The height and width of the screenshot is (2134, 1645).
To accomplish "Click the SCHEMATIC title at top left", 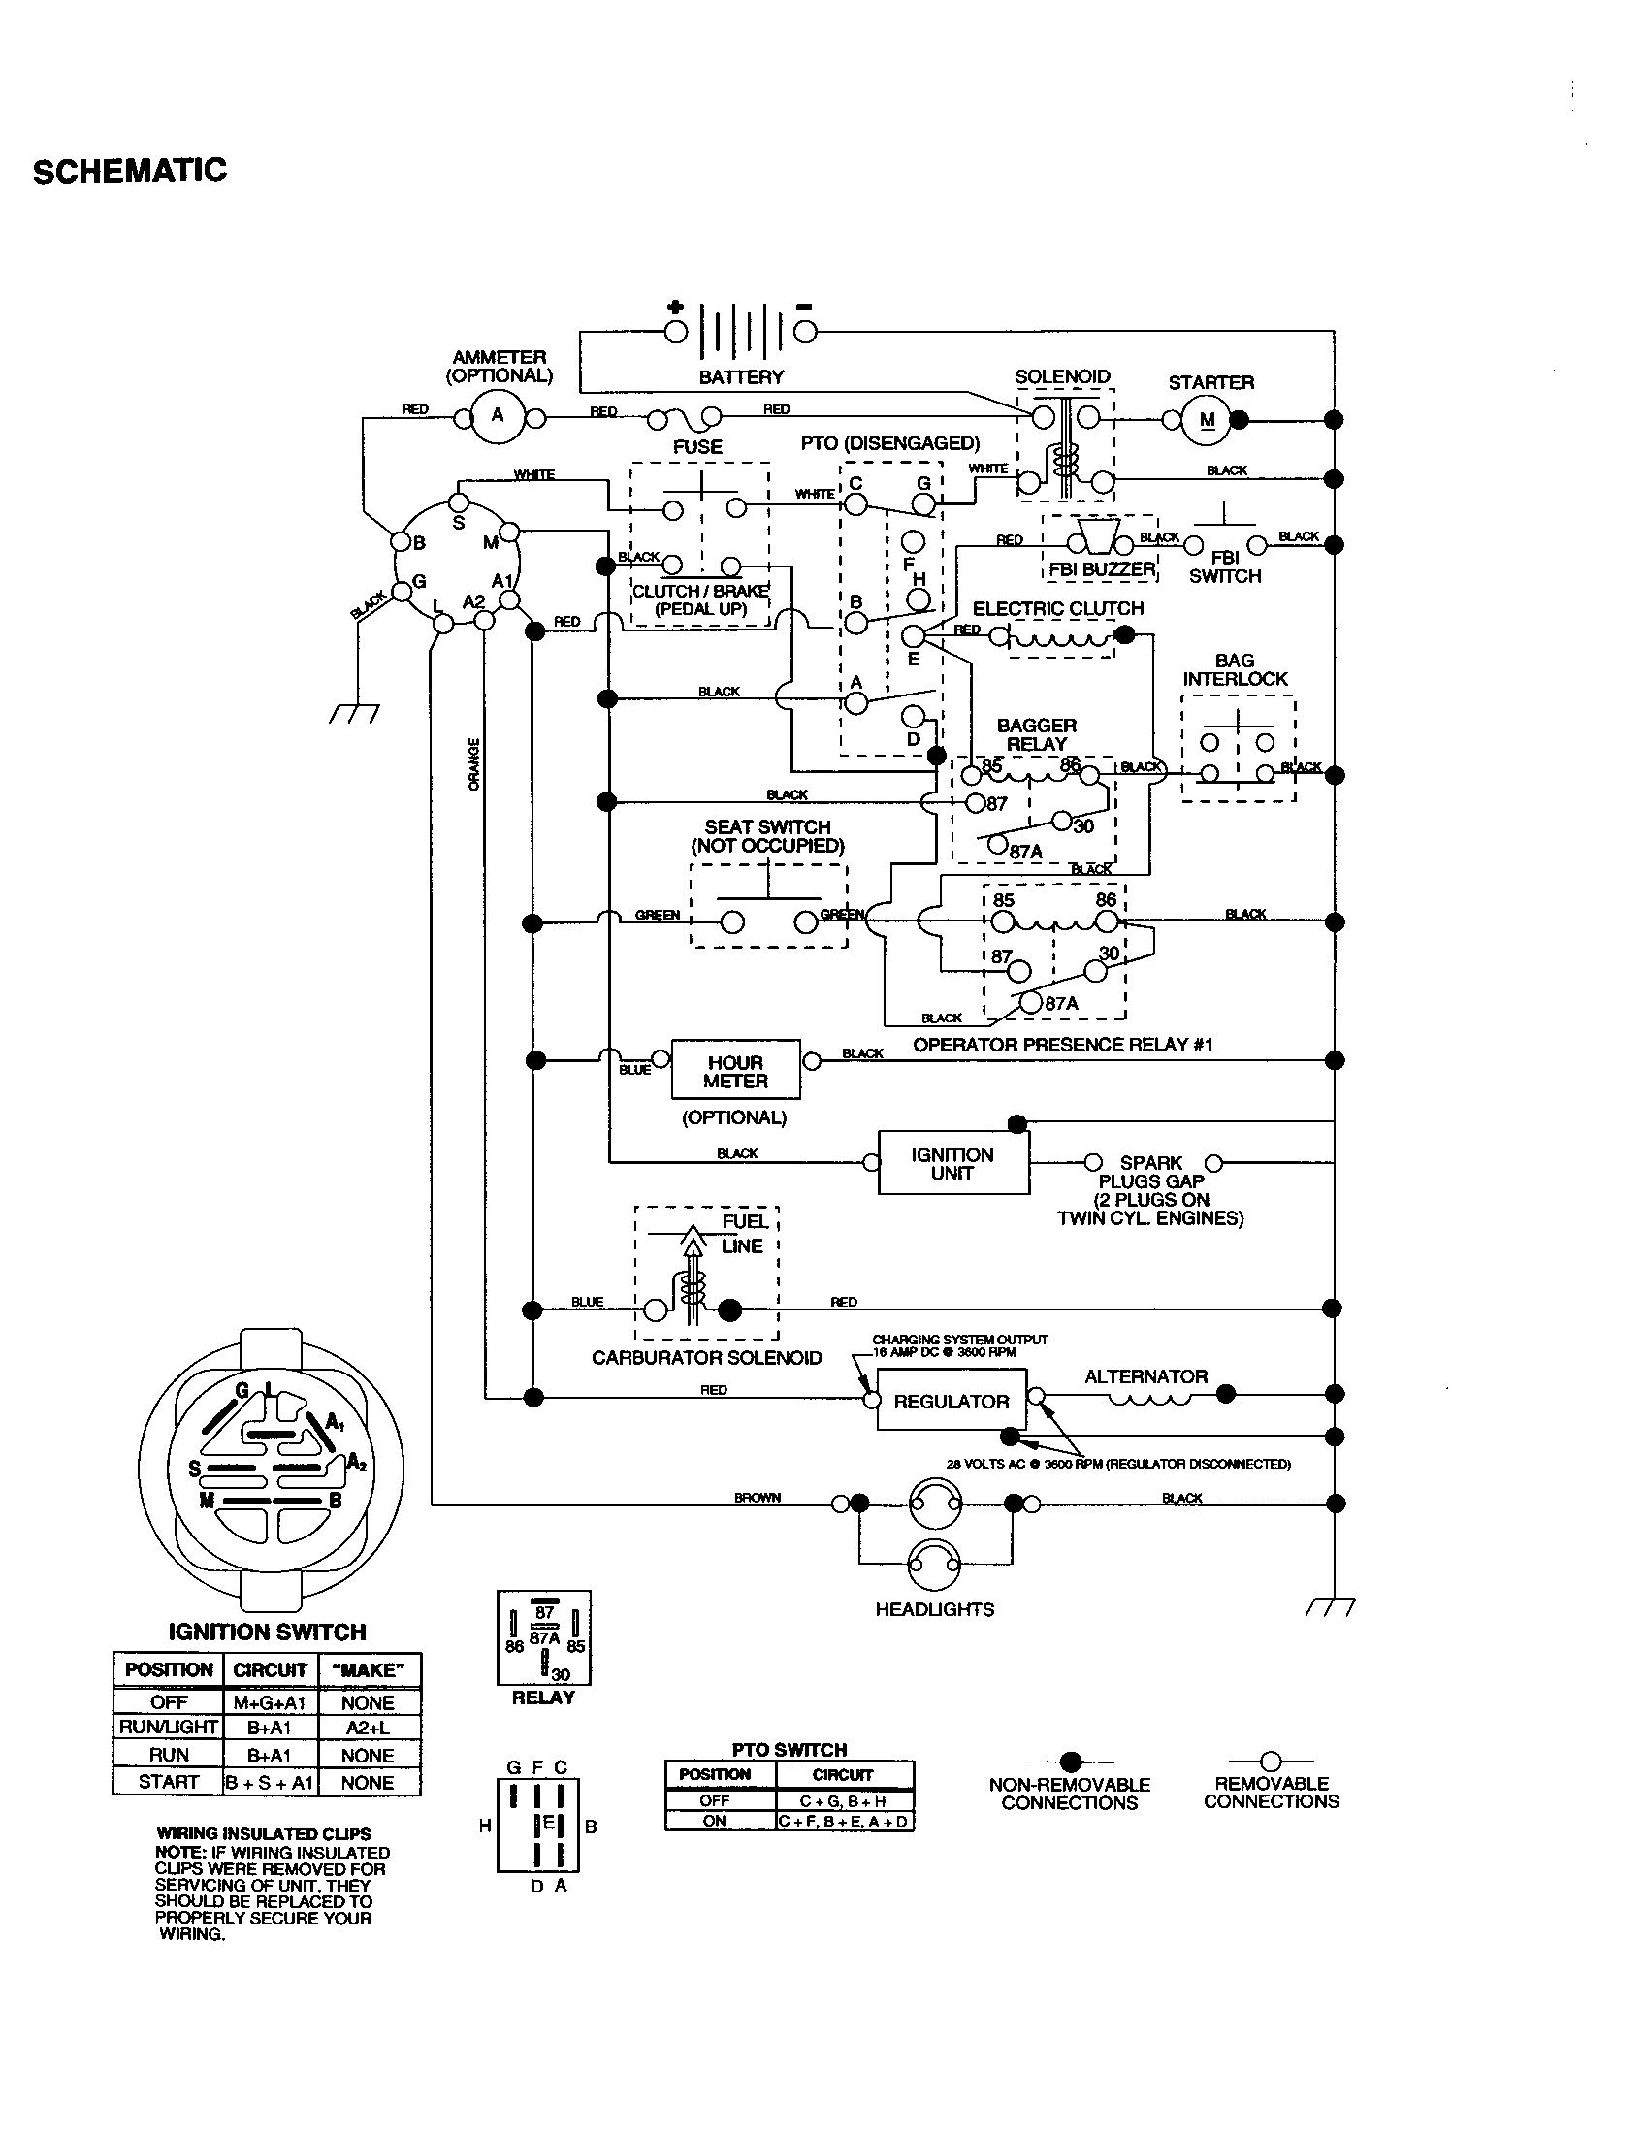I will point(129,171).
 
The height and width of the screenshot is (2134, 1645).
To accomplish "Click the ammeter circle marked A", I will point(498,416).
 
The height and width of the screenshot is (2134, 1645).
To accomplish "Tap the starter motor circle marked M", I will point(1208,420).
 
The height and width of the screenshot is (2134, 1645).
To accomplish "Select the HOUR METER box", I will point(735,1071).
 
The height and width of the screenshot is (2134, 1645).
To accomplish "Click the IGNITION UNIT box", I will point(952,1163).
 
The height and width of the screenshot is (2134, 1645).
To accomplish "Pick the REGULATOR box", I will point(952,1402).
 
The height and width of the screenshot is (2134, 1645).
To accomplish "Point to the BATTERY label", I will point(741,376).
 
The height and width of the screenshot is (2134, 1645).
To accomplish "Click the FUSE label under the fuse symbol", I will point(697,446).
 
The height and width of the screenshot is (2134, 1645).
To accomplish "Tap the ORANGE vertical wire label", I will point(474,764).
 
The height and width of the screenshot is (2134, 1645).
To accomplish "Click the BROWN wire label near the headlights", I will point(758,1498).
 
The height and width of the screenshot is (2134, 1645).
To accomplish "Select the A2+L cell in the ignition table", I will point(368,1728).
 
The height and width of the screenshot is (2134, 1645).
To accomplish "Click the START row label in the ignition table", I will point(168,1781).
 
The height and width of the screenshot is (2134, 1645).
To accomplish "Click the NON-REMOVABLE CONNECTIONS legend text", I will point(1070,1793).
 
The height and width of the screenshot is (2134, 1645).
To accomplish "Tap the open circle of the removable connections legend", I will point(1270,1762).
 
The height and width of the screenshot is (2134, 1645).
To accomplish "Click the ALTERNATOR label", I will point(1145,1376).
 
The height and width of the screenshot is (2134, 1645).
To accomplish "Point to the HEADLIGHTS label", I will point(935,1609).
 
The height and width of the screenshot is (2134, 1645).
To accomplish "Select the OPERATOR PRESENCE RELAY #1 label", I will point(1063,1045).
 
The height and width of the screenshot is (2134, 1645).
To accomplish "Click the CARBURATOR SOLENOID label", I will point(706,1357).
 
